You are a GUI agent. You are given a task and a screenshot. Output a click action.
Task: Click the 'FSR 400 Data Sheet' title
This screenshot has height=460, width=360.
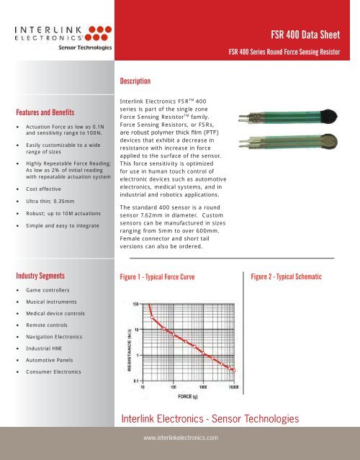pos(310,34)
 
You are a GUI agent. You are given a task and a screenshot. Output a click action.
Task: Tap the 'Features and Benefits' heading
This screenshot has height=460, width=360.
pos(48,112)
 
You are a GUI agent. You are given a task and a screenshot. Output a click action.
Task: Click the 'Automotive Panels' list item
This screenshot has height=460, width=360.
pos(53,357)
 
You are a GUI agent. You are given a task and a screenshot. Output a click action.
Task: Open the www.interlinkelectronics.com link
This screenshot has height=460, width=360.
pos(180,436)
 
